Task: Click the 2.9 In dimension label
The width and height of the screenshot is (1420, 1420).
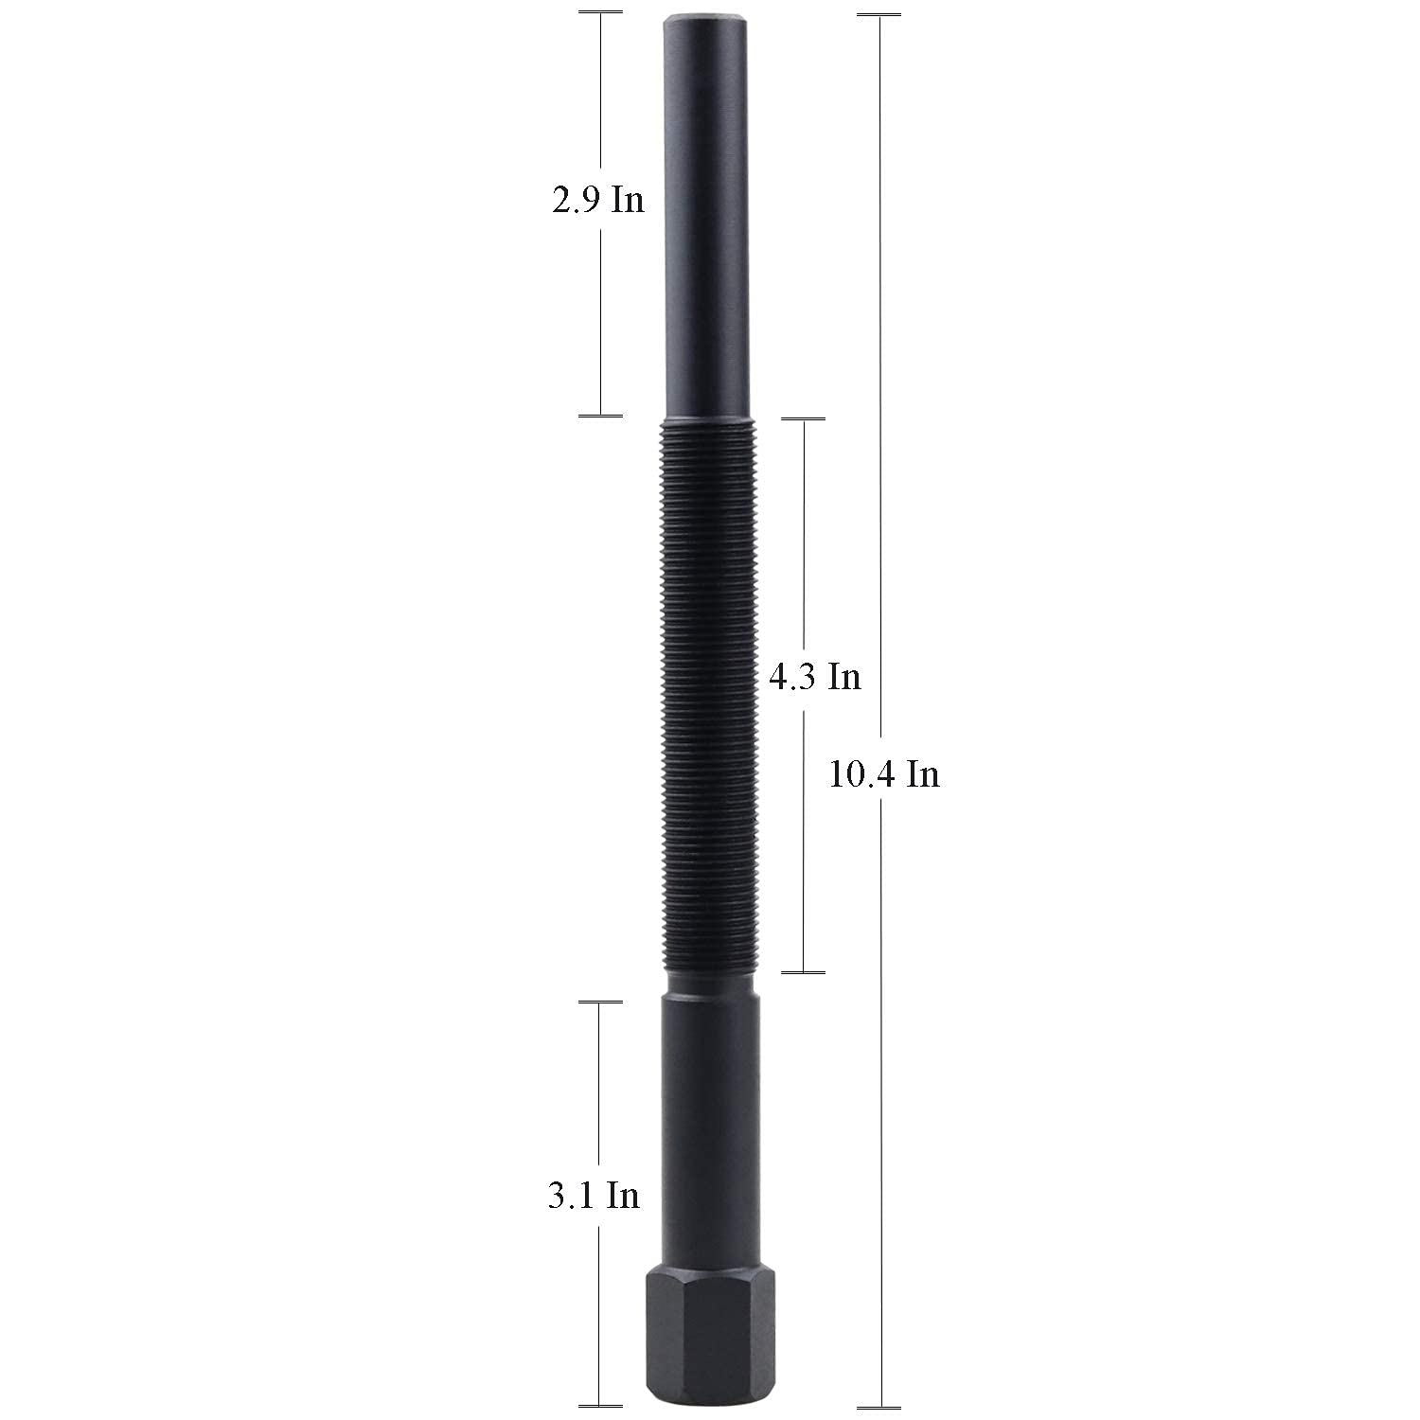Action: (598, 201)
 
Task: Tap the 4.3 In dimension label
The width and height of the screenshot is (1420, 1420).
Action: (815, 677)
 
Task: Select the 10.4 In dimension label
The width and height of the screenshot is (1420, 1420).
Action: (884, 773)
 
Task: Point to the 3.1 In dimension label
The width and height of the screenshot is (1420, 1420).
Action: (594, 1196)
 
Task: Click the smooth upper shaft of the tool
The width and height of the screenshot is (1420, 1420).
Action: (709, 216)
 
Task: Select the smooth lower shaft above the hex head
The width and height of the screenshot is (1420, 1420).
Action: (709, 1127)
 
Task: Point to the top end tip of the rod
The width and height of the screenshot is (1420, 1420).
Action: (709, 13)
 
